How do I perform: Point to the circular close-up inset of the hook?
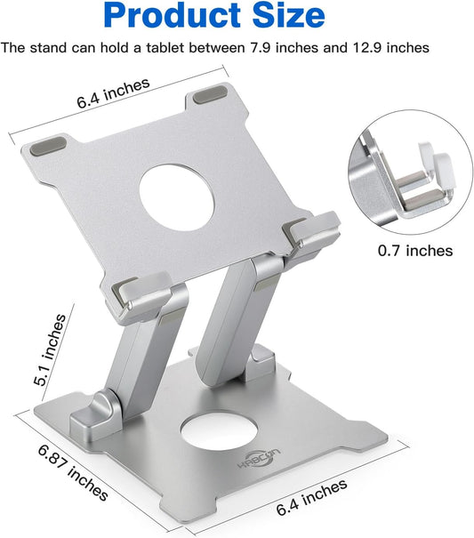409,178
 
